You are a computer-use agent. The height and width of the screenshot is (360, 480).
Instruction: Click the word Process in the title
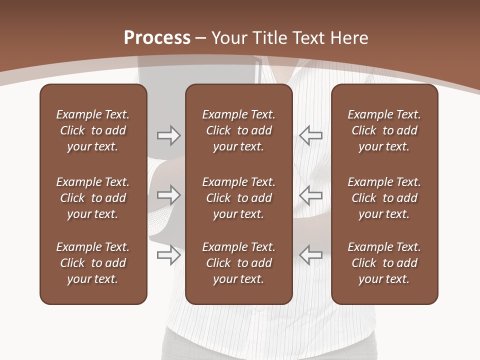157,38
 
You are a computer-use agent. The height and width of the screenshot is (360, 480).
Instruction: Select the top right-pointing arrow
168,135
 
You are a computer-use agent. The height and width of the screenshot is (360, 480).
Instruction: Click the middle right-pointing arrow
168,195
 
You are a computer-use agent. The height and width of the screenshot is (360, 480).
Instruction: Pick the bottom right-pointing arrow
168,254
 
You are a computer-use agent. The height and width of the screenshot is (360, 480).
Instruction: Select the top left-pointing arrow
310,135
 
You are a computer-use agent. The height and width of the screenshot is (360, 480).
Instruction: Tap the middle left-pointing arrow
310,195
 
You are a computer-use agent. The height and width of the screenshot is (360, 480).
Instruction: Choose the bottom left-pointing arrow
310,254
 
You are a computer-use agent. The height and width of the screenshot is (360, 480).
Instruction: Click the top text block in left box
93,130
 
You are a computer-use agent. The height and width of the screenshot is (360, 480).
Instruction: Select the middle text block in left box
93,198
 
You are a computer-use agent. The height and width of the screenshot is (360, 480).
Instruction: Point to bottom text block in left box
93,263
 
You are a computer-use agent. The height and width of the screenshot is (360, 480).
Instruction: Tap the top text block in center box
238,130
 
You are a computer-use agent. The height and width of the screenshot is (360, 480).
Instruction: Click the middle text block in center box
238,198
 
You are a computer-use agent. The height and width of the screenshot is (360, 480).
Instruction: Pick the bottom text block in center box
238,263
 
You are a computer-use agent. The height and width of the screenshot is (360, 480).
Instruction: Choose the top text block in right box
384,130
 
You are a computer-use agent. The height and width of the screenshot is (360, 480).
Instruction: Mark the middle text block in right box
384,198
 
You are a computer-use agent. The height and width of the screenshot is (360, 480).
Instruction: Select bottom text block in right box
384,263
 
